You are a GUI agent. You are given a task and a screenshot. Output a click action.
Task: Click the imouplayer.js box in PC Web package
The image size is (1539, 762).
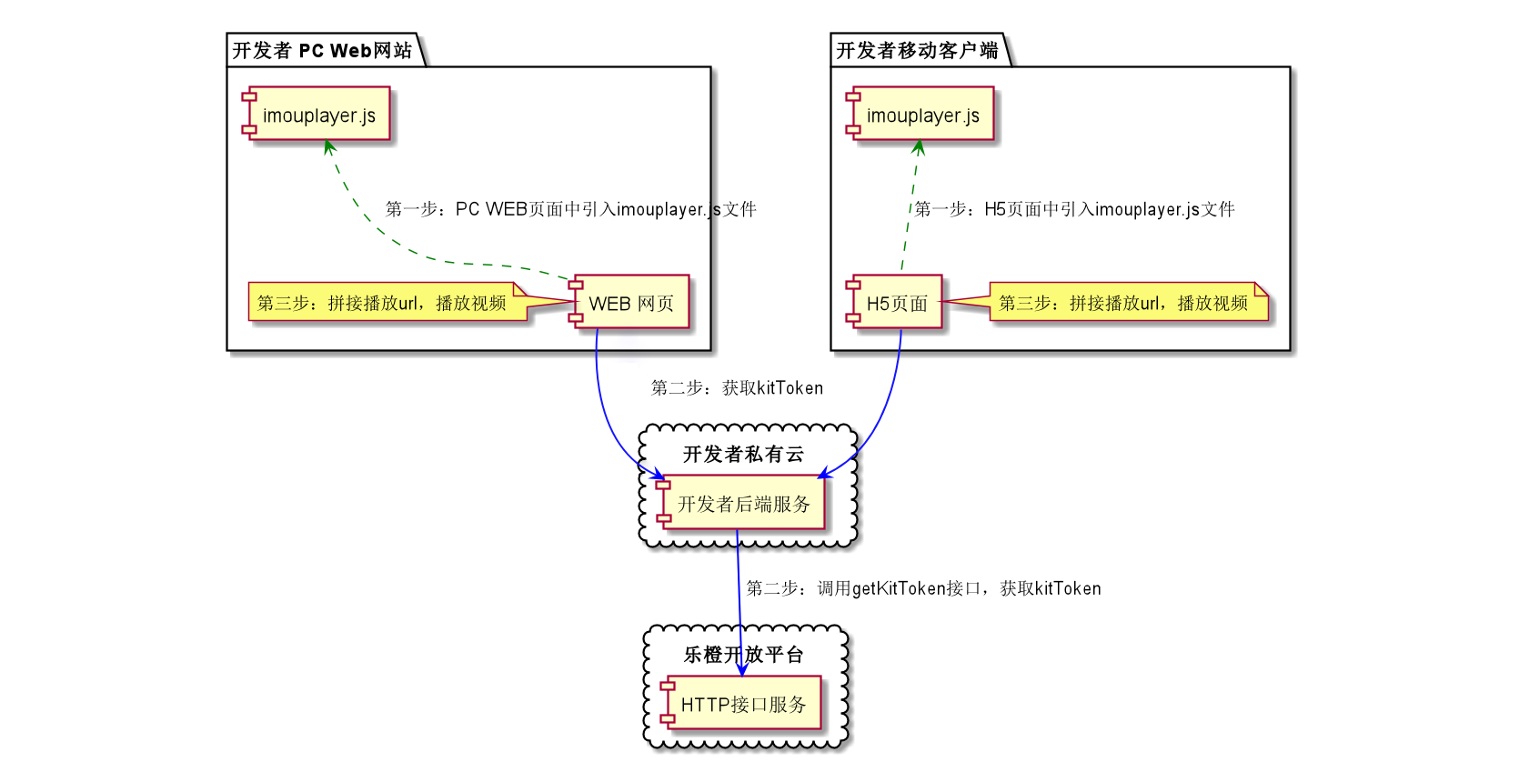(x=318, y=115)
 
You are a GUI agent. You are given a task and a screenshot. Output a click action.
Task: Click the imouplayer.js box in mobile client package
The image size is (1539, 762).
(x=922, y=115)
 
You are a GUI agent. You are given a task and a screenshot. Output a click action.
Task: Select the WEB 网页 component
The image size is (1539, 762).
(x=630, y=303)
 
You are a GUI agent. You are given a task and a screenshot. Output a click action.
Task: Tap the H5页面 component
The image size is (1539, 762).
(x=896, y=303)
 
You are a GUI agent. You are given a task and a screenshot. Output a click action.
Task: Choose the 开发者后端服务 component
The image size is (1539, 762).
(x=743, y=503)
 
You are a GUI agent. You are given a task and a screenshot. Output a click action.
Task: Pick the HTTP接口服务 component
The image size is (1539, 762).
(x=743, y=704)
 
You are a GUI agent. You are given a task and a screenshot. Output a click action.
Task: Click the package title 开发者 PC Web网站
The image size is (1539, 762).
(x=322, y=50)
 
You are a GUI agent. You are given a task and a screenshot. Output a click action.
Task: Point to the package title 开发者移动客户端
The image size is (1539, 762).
(x=917, y=50)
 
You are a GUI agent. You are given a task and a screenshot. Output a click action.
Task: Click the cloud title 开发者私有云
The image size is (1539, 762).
(x=743, y=454)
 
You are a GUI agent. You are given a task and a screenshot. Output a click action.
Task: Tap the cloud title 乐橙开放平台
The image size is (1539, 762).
(x=743, y=654)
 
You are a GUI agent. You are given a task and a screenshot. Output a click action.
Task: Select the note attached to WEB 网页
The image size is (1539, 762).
(x=382, y=303)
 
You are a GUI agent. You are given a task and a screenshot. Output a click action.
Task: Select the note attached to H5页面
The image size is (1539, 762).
(x=1124, y=303)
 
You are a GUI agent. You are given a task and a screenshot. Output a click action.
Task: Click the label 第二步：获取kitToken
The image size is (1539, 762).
(x=737, y=388)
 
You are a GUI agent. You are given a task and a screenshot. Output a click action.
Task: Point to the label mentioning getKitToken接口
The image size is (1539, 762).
(x=923, y=588)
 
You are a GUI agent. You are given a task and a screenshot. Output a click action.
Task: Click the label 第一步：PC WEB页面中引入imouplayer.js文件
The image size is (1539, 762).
(x=570, y=209)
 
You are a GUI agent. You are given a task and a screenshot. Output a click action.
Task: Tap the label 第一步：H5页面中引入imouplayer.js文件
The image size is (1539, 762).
(x=1073, y=209)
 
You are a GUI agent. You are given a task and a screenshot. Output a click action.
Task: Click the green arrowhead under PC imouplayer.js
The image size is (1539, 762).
(x=329, y=146)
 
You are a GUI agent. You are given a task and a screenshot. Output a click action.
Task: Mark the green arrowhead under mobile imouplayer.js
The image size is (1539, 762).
(x=919, y=147)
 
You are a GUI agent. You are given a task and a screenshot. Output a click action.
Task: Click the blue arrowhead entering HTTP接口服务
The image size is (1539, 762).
(x=741, y=670)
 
